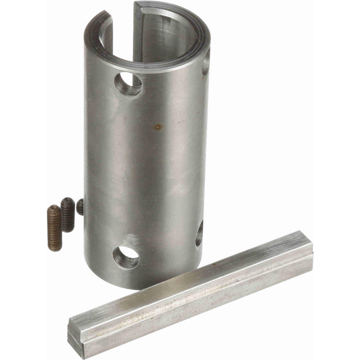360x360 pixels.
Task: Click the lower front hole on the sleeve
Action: (126, 257)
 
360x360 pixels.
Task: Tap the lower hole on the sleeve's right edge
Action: (199, 234)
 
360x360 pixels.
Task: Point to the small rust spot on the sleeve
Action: (158, 126)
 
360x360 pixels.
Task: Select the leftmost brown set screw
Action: (55, 228)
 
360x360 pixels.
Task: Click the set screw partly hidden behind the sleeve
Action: (80, 207)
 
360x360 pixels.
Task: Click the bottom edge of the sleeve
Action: (144, 287)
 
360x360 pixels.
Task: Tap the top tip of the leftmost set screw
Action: (54, 207)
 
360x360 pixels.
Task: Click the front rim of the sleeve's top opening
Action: (151, 67)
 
